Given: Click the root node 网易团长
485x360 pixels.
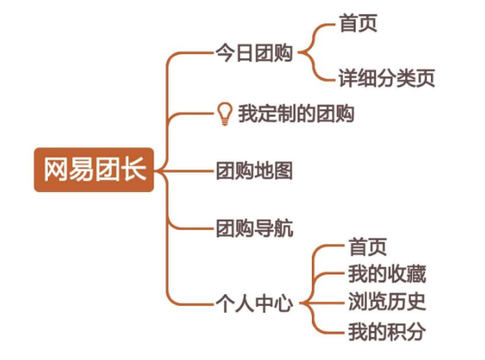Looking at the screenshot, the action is (95, 169).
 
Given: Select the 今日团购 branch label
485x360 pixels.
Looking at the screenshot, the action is (254, 54).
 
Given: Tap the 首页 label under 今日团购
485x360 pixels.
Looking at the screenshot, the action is (358, 24).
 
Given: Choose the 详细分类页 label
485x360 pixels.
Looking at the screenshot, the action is (386, 78).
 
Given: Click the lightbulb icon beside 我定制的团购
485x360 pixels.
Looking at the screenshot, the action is (225, 115).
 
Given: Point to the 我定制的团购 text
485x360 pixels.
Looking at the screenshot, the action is (296, 115).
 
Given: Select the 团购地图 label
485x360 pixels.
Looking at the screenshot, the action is (254, 170).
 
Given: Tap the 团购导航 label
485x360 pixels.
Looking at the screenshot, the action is (254, 229).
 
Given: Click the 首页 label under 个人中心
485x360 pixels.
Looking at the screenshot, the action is (367, 248).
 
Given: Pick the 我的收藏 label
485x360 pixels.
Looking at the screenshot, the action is (386, 275).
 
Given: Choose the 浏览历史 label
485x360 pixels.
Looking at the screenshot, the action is (386, 303).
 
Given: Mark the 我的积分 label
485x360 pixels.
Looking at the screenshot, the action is (386, 331).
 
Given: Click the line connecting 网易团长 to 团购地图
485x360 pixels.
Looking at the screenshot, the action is (188, 169).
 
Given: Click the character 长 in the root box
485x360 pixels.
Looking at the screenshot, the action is (135, 169).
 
